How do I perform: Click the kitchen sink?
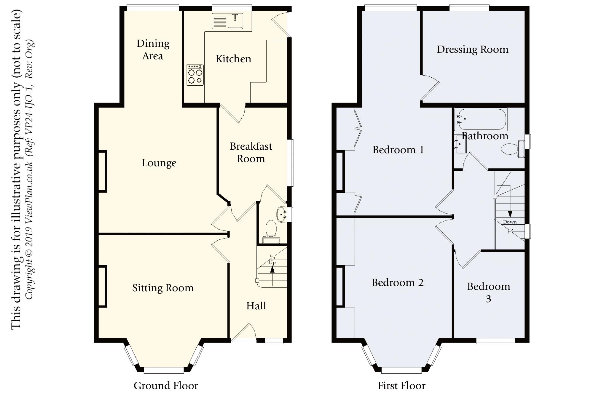click(x=228, y=21)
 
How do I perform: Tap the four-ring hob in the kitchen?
click(x=195, y=75)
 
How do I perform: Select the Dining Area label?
click(x=153, y=49)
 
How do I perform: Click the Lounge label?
click(x=159, y=163)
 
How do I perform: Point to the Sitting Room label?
click(x=163, y=288)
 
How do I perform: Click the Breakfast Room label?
click(x=251, y=152)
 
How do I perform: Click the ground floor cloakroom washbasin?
click(x=282, y=214)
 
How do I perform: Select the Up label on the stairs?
click(x=272, y=262)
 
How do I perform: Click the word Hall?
click(x=256, y=306)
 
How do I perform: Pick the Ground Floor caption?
click(x=166, y=386)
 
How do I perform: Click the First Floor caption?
click(x=401, y=386)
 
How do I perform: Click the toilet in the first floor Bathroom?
click(x=513, y=149)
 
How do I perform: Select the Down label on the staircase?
click(x=510, y=222)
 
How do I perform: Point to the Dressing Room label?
click(x=473, y=49)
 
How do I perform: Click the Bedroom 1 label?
click(x=398, y=150)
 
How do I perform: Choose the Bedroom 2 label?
click(x=398, y=283)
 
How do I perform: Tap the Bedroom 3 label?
click(x=489, y=292)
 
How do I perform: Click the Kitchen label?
click(x=233, y=59)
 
